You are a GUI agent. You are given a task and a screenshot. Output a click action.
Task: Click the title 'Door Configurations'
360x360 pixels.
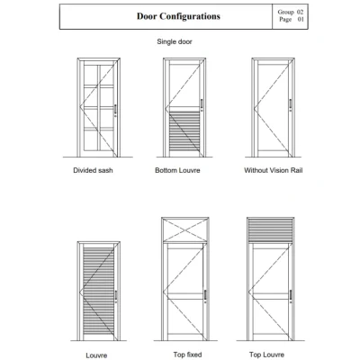click(x=178, y=16)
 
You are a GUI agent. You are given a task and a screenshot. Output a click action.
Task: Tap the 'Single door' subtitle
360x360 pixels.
click(x=175, y=41)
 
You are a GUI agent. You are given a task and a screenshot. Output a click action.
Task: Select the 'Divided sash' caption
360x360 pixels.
click(x=93, y=170)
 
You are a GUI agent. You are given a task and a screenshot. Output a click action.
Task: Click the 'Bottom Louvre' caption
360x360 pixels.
click(x=177, y=170)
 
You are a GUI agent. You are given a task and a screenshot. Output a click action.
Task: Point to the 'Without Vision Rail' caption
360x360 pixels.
click(x=274, y=170)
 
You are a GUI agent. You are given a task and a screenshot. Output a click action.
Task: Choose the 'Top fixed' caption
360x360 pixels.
click(x=187, y=355)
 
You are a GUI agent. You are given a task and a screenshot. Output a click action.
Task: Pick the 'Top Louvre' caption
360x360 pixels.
click(x=266, y=355)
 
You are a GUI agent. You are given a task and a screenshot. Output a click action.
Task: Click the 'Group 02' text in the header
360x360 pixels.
click(x=291, y=12)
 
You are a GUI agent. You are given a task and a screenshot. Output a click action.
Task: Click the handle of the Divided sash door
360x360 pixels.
click(x=115, y=110)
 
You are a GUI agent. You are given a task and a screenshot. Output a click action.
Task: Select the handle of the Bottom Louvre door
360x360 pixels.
click(x=202, y=105)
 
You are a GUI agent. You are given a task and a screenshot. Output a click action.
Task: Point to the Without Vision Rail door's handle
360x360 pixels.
click(x=291, y=105)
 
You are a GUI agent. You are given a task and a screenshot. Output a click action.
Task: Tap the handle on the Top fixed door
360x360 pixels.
click(x=205, y=295)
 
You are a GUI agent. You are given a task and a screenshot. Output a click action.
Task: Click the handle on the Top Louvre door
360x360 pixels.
click(x=291, y=296)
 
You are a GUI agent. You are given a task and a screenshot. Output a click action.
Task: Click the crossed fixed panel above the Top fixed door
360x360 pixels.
click(x=185, y=229)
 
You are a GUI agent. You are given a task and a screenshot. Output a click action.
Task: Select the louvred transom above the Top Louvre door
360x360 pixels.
click(x=270, y=230)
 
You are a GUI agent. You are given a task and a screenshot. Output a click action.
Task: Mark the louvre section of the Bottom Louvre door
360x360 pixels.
click(x=184, y=131)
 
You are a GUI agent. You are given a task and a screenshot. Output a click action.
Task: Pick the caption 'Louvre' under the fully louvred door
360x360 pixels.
click(x=96, y=355)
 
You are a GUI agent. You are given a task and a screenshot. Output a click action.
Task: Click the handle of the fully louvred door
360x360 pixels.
click(x=116, y=296)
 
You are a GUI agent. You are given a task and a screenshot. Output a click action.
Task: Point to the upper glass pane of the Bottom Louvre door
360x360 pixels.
click(x=184, y=85)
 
